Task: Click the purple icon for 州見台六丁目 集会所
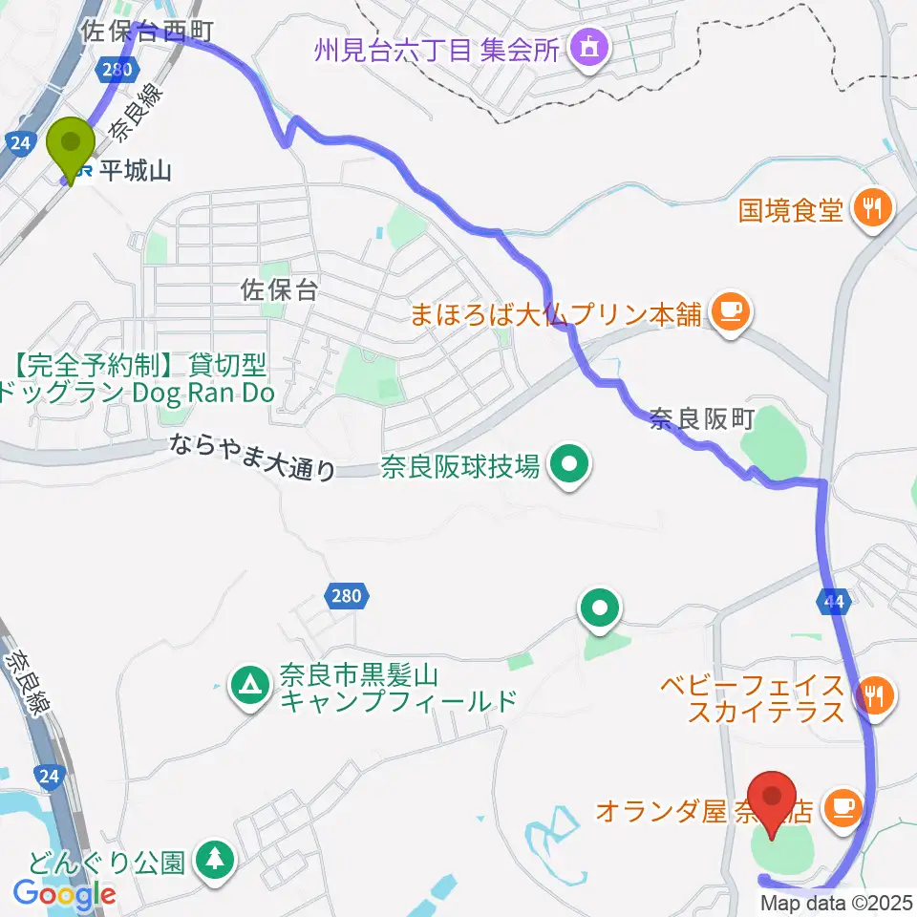coord(584,47)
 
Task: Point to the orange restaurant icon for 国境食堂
coord(871,206)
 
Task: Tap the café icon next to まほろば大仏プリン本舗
coord(731,312)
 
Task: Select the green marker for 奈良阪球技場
coord(570,466)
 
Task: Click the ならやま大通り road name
coord(254,457)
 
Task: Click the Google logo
coord(65,894)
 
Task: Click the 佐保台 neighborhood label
coord(280,292)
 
